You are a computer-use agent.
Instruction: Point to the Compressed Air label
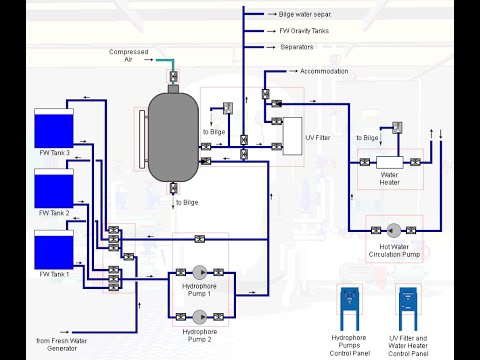(x=128, y=56)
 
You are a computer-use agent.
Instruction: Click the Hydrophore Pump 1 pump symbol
(x=201, y=271)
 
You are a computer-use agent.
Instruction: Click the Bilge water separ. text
(x=311, y=15)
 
